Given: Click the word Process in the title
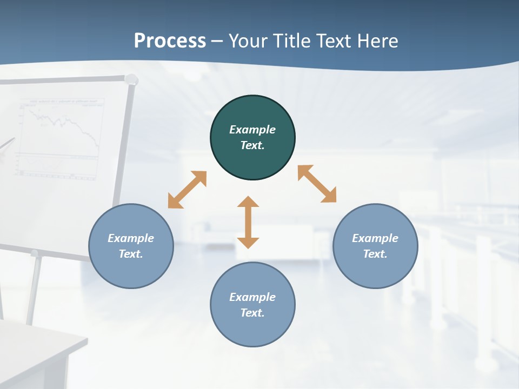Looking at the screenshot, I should point(170,41).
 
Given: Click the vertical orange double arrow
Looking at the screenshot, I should point(248,222).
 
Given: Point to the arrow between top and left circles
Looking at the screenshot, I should point(187,190).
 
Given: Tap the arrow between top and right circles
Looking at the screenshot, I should point(317,184).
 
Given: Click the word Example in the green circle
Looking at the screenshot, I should point(252,130).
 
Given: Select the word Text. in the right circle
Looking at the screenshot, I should point(375,254).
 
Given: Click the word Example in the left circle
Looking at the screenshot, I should point(131,238).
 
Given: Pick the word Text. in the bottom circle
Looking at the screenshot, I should point(252,313).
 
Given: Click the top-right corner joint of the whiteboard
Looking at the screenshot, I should point(131,80).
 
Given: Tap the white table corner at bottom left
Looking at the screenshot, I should point(81,340).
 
